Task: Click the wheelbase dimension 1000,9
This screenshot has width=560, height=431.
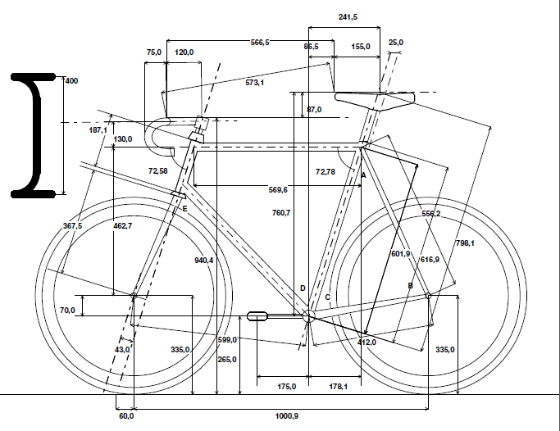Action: (x=286, y=416)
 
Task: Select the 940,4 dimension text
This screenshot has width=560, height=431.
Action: (x=203, y=260)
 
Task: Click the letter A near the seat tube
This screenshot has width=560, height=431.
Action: (x=363, y=175)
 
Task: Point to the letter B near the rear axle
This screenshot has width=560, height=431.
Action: (x=410, y=284)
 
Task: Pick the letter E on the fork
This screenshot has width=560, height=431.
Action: (x=184, y=210)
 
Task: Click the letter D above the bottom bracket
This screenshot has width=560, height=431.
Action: (x=302, y=288)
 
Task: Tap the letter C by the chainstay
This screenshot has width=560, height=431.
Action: (x=327, y=297)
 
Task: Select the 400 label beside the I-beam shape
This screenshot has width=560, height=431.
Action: (x=71, y=81)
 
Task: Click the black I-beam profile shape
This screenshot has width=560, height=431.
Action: (x=33, y=135)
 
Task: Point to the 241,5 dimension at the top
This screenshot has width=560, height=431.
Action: (x=349, y=16)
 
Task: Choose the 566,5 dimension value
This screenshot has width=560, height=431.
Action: (x=261, y=42)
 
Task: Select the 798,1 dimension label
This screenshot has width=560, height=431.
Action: (x=465, y=243)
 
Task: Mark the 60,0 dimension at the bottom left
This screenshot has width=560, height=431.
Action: (x=125, y=416)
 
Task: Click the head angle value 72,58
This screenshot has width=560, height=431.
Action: (x=157, y=170)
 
